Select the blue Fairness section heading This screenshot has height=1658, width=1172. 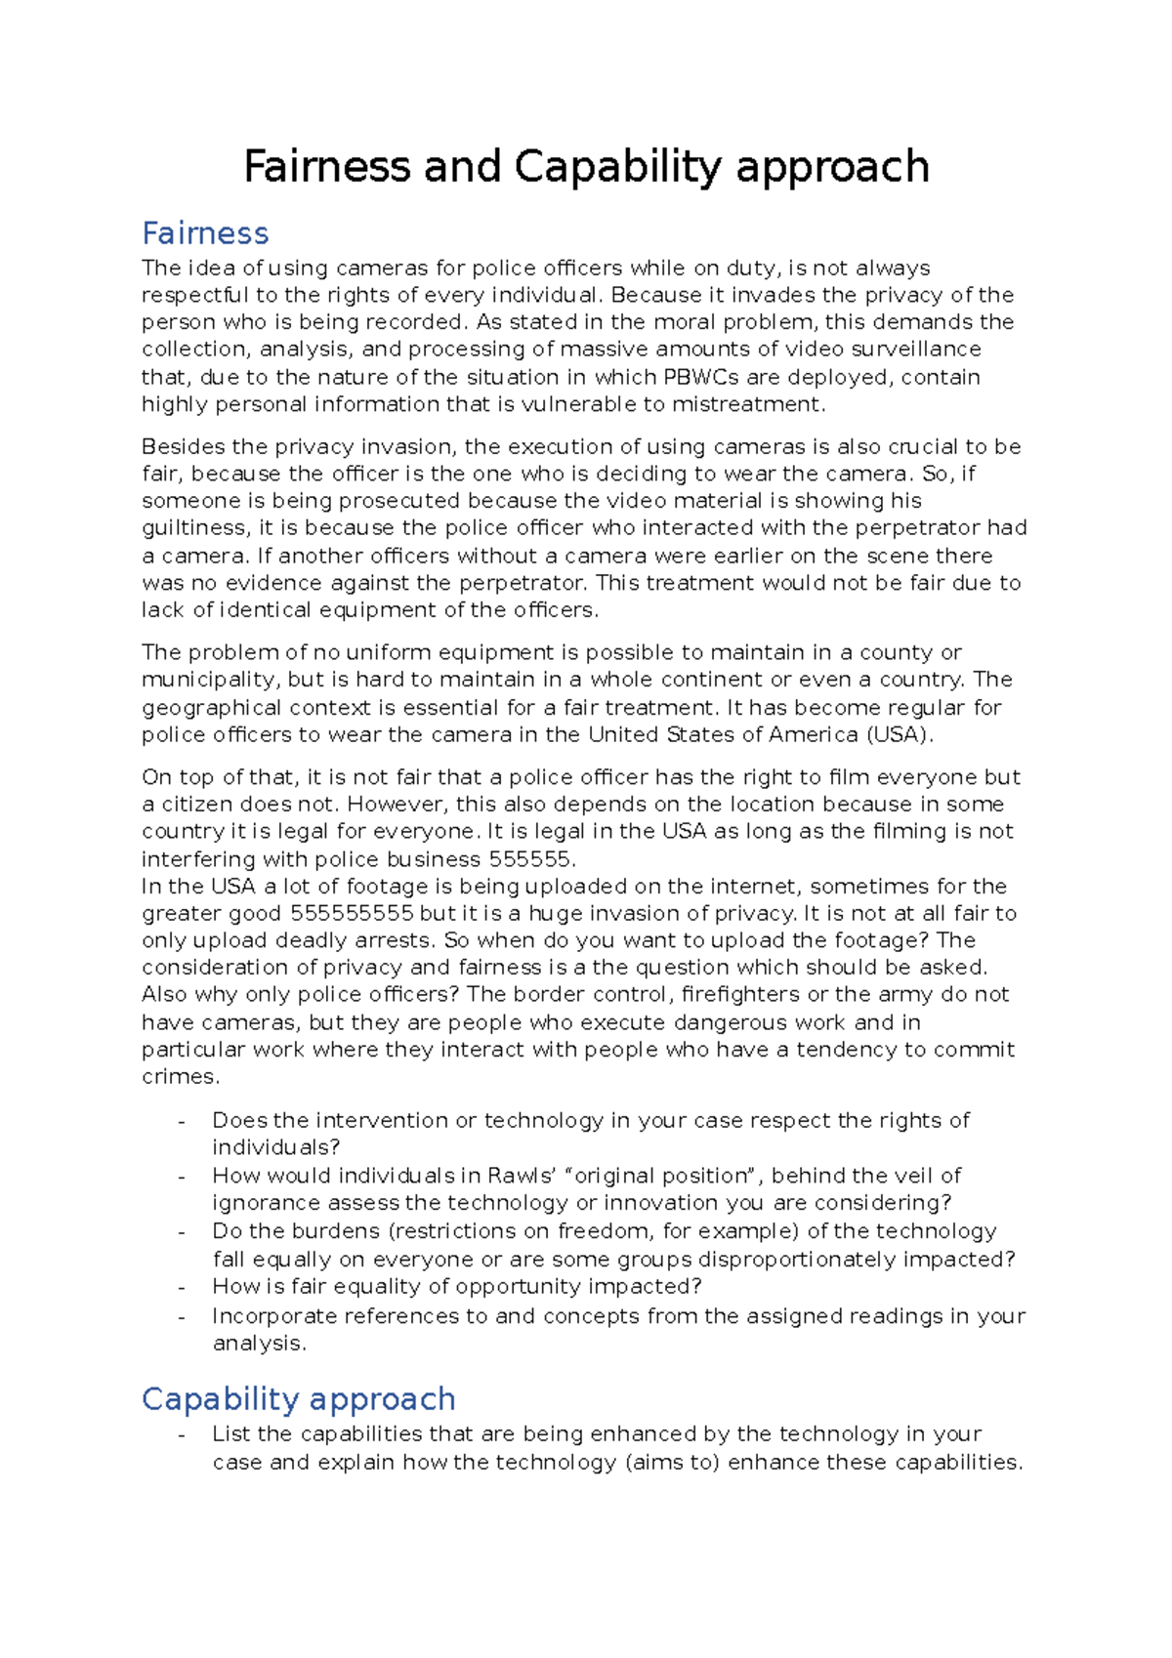[x=205, y=233]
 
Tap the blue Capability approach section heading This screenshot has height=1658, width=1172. [x=298, y=1398]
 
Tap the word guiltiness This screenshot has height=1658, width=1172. [x=194, y=528]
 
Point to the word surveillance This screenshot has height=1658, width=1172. [x=915, y=350]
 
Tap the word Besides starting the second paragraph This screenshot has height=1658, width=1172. [x=183, y=447]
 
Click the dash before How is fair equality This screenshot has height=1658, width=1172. [x=182, y=1287]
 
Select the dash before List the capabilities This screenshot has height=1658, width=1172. [x=182, y=1434]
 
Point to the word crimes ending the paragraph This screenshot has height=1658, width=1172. [x=179, y=1077]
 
